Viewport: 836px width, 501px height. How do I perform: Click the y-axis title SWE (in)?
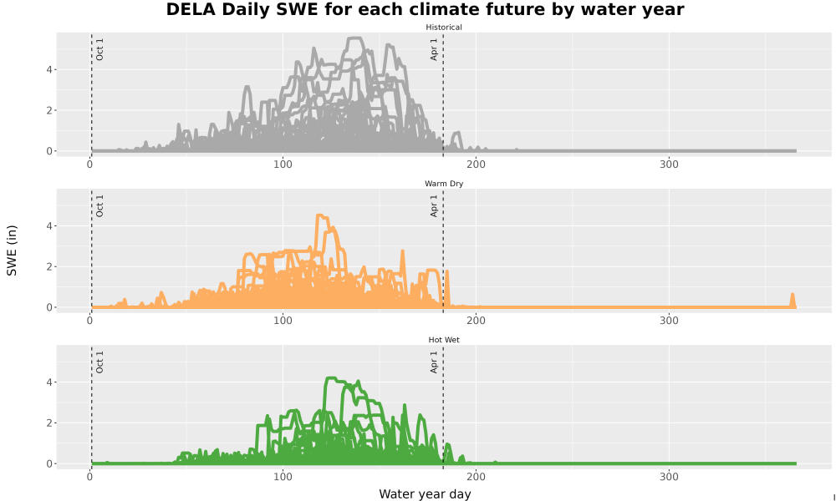tap(12, 250)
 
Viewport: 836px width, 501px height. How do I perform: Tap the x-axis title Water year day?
tap(425, 494)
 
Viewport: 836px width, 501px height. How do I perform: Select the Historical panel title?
tap(444, 28)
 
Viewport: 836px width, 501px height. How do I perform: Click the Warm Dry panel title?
tap(444, 184)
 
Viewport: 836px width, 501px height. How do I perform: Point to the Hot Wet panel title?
tap(444, 340)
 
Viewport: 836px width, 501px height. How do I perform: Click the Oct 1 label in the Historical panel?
tap(99, 49)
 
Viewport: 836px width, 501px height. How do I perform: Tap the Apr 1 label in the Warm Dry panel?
tap(434, 205)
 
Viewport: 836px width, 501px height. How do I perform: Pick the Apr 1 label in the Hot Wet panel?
tap(434, 362)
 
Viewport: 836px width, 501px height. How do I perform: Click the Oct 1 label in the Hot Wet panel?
tap(99, 362)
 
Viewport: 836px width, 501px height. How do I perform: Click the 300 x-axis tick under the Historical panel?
tap(669, 164)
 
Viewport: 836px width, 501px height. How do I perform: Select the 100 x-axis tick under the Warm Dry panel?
tap(283, 321)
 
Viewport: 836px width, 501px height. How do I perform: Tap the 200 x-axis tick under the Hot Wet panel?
tap(477, 477)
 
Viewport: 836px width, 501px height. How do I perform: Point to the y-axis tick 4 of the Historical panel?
tap(49, 70)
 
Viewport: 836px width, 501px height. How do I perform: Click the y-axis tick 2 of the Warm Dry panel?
tap(49, 266)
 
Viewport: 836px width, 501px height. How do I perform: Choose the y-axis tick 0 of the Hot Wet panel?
tap(49, 463)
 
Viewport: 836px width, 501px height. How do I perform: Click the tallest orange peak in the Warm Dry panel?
tap(320, 215)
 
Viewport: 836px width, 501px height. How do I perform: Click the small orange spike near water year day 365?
tap(793, 295)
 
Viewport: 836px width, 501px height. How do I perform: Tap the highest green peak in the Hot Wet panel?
tap(330, 378)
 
